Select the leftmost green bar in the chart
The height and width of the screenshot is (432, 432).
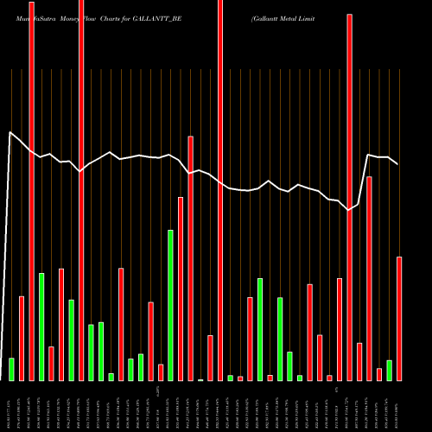pos(12,369)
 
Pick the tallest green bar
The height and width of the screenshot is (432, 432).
pos(170,305)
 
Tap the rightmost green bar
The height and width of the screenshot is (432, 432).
pos(389,370)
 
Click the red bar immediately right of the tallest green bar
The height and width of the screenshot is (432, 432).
pos(181,289)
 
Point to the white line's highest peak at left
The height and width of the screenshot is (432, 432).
pos(10,132)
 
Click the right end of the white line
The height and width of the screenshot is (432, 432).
pos(397,163)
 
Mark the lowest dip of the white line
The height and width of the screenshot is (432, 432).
pos(349,210)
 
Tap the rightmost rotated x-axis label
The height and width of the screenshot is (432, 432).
pos(399,406)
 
